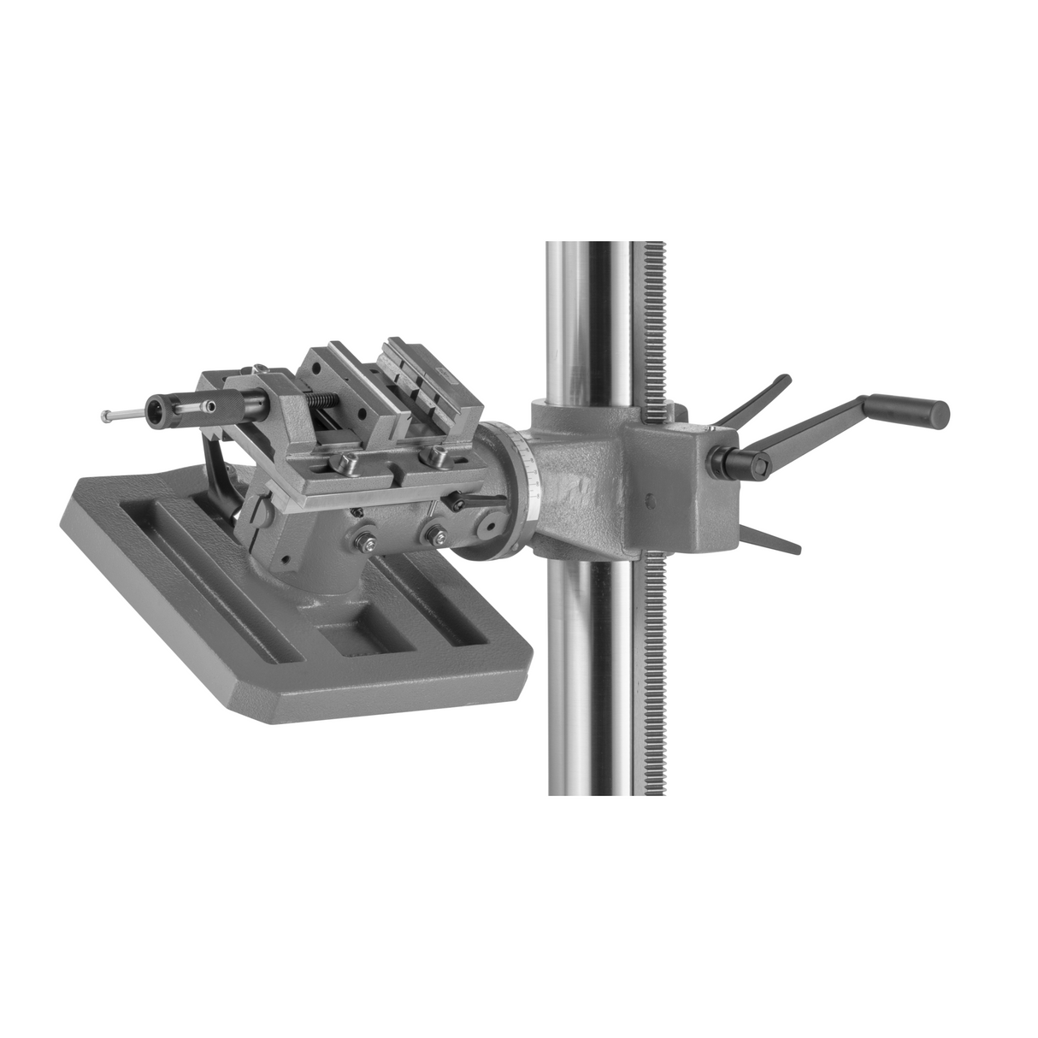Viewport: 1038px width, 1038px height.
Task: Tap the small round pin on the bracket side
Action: (x=652, y=503)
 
